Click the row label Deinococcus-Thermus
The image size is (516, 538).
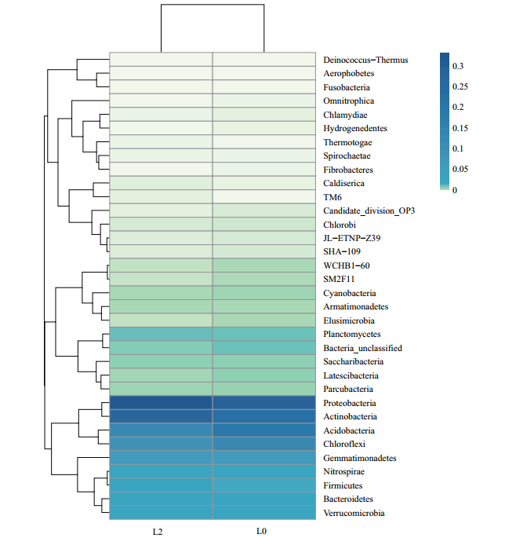[365, 60]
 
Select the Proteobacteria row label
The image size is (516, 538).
[349, 403]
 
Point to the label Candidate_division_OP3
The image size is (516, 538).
[369, 210]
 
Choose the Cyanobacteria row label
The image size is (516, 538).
[349, 293]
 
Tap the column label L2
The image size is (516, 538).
[157, 532]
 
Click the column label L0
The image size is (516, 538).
[261, 532]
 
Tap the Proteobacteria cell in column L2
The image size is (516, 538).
[161, 403]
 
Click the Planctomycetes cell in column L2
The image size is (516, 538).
[161, 334]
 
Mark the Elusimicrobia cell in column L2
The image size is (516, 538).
[161, 320]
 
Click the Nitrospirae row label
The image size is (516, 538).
[343, 471]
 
